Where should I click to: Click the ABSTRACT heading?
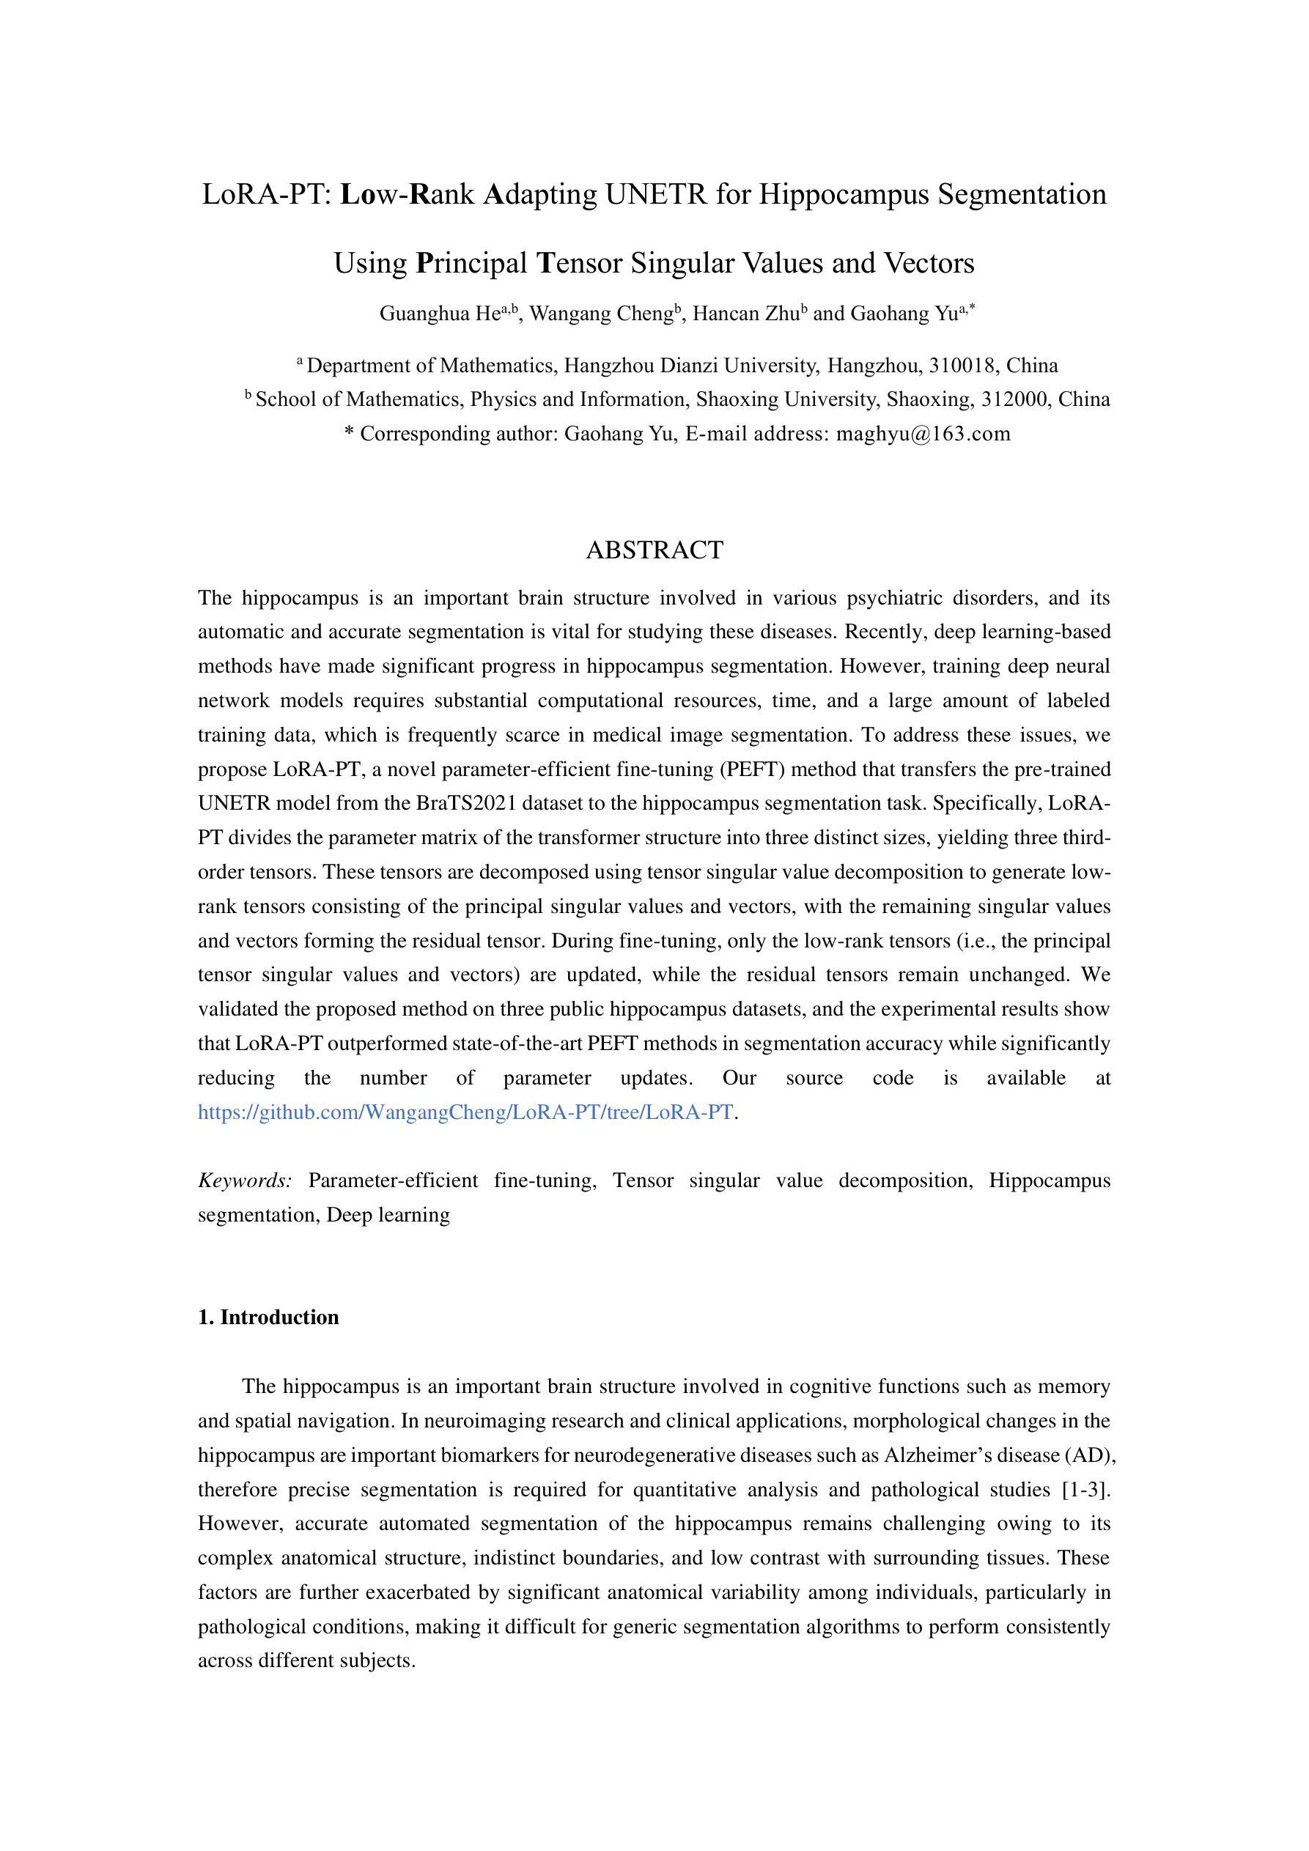pyautogui.click(x=654, y=550)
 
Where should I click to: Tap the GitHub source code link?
pyautogui.click(x=465, y=1112)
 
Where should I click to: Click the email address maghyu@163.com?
pyautogui.click(x=923, y=434)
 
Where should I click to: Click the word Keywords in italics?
pyautogui.click(x=244, y=1181)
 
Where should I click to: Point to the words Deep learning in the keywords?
pyautogui.click(x=388, y=1214)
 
